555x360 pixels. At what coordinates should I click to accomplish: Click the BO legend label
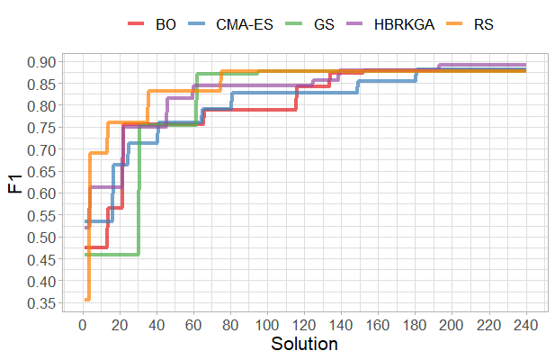[x=166, y=25]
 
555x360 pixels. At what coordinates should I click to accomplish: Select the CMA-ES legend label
[x=246, y=25]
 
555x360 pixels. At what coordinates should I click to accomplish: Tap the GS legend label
[x=325, y=25]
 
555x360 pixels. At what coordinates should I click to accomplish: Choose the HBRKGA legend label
[x=404, y=25]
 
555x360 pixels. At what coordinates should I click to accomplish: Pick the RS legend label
[x=483, y=25]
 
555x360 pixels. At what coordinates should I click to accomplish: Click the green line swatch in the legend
[x=298, y=25]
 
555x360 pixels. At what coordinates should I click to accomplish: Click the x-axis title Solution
[x=304, y=344]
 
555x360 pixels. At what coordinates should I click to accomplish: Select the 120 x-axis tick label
[x=305, y=324]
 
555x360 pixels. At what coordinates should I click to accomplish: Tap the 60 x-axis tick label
[x=194, y=324]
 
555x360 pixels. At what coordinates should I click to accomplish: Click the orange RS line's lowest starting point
[x=87, y=299]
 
